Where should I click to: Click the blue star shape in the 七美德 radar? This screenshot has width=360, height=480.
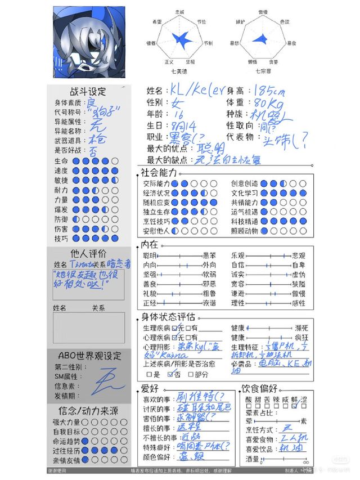point(181,39)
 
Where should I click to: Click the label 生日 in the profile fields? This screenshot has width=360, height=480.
point(154,125)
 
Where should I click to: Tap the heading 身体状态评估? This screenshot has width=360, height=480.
point(168,317)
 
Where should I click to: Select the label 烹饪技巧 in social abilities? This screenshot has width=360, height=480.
point(157,221)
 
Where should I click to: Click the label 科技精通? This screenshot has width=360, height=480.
point(244,221)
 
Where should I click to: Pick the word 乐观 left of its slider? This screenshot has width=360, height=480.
point(238,255)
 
